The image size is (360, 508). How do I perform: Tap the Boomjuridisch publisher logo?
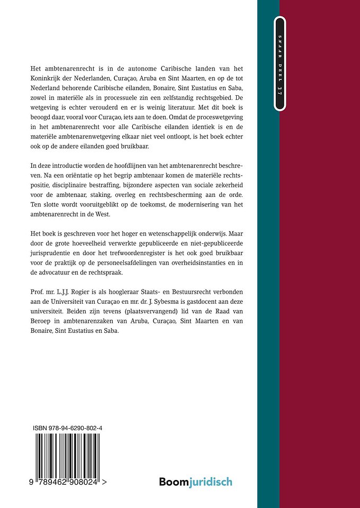click(x=196, y=481)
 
